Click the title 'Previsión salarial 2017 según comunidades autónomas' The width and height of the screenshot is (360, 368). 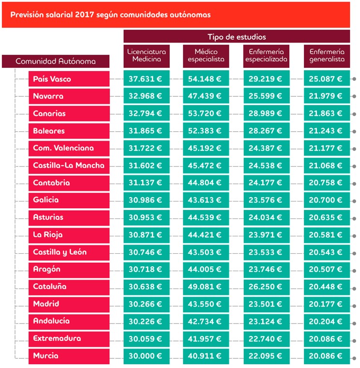coord(110,15)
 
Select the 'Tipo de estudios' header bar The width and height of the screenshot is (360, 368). coord(237,36)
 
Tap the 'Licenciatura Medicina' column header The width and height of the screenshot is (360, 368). coord(147,56)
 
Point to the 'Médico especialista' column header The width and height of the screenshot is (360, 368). coord(206,56)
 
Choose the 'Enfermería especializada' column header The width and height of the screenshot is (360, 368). coord(266,56)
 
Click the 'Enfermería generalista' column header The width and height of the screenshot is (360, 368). coord(327,56)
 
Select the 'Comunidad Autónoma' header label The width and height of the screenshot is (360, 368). coord(56,61)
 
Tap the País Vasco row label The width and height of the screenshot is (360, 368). coord(69,79)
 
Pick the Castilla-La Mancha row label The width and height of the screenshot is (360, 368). coord(69,166)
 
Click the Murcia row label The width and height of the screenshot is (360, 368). coord(69,356)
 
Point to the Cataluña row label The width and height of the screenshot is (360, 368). coord(69,287)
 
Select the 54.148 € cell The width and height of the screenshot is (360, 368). coord(206,79)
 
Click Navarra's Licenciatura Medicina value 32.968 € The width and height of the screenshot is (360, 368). coord(147,96)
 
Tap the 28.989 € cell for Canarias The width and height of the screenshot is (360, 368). coord(267,113)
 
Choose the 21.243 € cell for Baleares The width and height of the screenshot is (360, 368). coord(327,131)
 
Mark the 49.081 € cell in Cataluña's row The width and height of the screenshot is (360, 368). coord(206,287)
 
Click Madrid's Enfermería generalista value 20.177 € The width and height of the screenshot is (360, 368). coord(327,304)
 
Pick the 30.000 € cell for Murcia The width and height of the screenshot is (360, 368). coord(147,356)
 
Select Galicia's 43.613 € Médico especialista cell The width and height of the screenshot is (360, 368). coord(206,200)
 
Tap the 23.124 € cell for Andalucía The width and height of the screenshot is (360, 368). coord(267,322)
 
